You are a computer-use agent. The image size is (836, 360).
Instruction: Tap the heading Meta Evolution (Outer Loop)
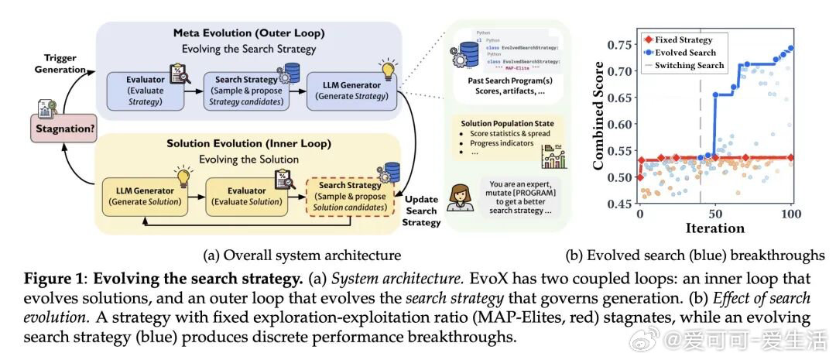click(x=249, y=34)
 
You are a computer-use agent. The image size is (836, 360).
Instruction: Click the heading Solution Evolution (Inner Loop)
click(x=249, y=144)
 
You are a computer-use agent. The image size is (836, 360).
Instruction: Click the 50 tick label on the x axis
click(x=714, y=213)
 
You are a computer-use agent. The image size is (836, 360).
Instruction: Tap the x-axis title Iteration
click(x=714, y=228)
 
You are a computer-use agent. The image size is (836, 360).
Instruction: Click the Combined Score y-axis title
click(x=599, y=124)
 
